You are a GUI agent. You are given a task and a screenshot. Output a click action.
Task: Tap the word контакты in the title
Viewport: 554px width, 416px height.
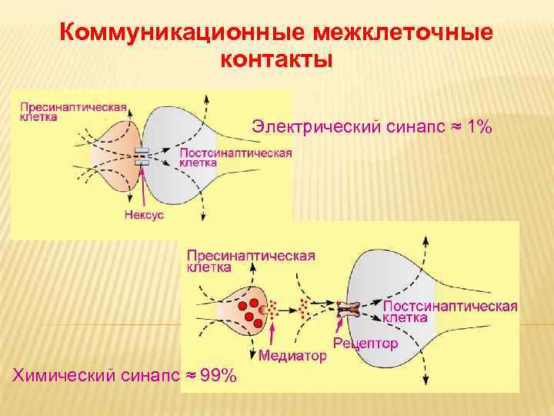point(276,60)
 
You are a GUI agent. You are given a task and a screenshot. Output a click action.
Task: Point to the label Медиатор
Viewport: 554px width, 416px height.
point(292,356)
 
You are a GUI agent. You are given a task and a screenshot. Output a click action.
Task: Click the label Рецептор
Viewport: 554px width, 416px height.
point(365,344)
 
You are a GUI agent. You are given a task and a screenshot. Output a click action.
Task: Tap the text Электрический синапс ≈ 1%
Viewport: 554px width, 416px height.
point(372,126)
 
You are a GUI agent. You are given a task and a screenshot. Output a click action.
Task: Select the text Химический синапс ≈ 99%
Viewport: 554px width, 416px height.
point(124,375)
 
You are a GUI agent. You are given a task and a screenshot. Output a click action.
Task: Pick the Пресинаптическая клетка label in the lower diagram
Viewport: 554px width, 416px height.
point(251,261)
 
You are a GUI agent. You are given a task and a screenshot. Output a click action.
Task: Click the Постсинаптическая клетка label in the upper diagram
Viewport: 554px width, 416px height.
point(235,158)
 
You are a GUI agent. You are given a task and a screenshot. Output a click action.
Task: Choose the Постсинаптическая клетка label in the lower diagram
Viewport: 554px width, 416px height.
point(449,311)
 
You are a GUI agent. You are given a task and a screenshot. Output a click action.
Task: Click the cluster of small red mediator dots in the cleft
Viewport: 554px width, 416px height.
point(304,308)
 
